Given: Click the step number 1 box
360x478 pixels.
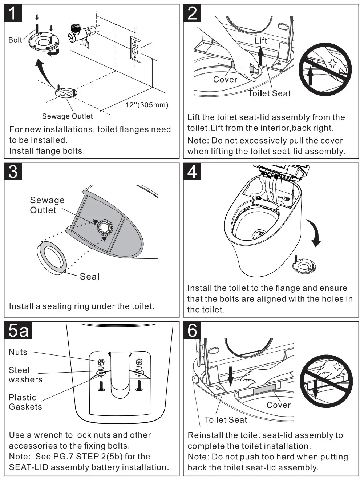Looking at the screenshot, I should click(13, 13).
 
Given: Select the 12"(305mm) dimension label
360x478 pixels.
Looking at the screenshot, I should click(147, 105).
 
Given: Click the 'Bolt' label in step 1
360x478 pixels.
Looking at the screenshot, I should click(15, 40).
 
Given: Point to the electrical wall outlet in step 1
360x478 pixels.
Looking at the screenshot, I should click(135, 49).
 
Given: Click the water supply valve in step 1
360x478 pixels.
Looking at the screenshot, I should click(81, 35).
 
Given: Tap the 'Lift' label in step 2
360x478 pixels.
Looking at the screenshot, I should click(260, 41).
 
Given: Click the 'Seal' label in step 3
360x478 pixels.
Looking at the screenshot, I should click(89, 277).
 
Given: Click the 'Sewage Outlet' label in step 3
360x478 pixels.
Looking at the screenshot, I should click(47, 205).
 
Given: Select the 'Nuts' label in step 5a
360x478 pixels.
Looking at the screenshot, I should click(18, 352).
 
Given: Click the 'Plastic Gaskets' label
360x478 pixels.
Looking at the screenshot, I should click(25, 402).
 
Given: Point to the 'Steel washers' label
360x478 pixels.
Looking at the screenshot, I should click(25, 375).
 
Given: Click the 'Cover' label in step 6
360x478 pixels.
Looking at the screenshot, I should click(278, 405).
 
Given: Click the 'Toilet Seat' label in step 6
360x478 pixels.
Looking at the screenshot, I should click(226, 420).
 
